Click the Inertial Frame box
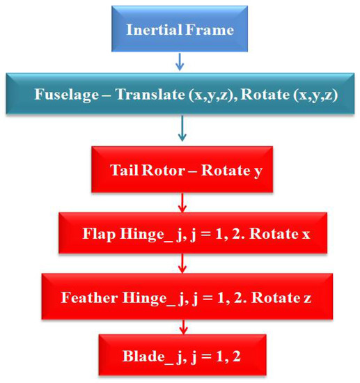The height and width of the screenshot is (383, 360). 180,29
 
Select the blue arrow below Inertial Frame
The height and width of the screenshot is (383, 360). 180,62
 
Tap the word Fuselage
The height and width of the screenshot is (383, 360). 67,95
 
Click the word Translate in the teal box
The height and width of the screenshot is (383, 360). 150,94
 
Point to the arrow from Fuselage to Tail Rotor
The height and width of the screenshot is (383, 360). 182,128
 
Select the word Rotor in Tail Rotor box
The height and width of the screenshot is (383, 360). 163,170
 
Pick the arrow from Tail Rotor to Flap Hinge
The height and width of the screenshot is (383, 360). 182,203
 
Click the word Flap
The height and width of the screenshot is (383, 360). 99,234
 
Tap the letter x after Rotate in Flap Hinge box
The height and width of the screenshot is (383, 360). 306,235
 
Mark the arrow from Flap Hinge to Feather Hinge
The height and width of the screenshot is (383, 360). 182,263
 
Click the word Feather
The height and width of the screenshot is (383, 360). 89,297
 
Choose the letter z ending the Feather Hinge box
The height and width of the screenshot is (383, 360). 307,299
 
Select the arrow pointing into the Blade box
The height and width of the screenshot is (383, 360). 184,327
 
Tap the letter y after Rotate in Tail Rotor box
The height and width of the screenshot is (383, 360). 258,171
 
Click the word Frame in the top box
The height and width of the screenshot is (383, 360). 210,29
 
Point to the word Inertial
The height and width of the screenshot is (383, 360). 154,29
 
